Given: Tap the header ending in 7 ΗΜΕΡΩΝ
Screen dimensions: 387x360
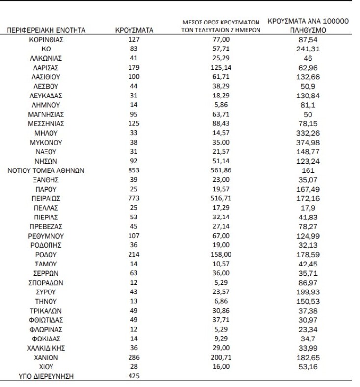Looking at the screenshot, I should click(x=218, y=30).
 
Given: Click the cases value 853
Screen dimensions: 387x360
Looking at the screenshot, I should click(x=134, y=170).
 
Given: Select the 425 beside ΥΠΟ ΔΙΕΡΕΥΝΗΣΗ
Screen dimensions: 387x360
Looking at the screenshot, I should click(x=134, y=376).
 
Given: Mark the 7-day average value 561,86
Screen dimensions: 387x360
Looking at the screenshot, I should click(x=218, y=170).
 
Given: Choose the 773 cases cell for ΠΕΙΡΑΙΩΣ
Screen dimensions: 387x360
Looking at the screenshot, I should click(x=134, y=198).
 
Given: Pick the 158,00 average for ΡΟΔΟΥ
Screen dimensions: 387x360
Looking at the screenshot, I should click(x=218, y=255).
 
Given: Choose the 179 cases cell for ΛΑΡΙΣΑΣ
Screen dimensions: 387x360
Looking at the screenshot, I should click(x=134, y=68).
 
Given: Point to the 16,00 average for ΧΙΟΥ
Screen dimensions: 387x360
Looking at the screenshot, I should click(x=218, y=367).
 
